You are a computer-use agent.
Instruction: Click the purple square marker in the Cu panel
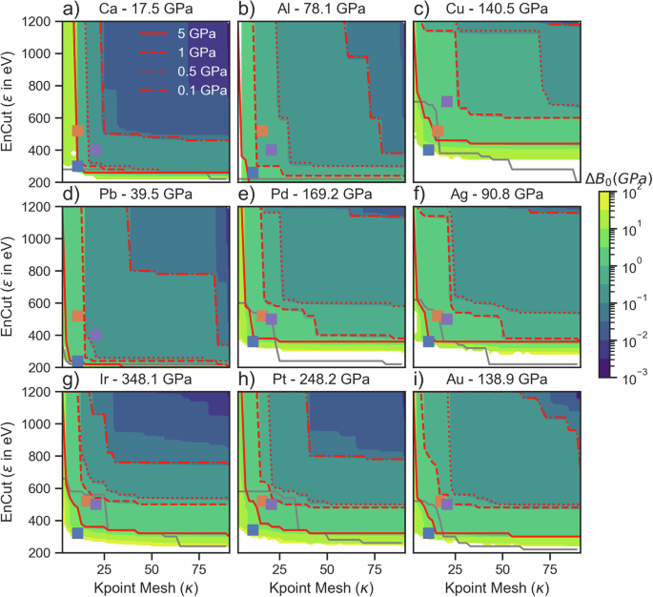point(447,102)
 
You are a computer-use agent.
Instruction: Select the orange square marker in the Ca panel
point(78,131)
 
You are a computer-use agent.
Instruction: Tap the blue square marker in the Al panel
point(253,173)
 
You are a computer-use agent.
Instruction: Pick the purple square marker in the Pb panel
point(95,336)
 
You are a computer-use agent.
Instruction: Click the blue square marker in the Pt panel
point(253,529)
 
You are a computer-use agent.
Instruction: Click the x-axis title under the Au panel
point(497,584)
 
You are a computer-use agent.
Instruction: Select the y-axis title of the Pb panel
point(10,287)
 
